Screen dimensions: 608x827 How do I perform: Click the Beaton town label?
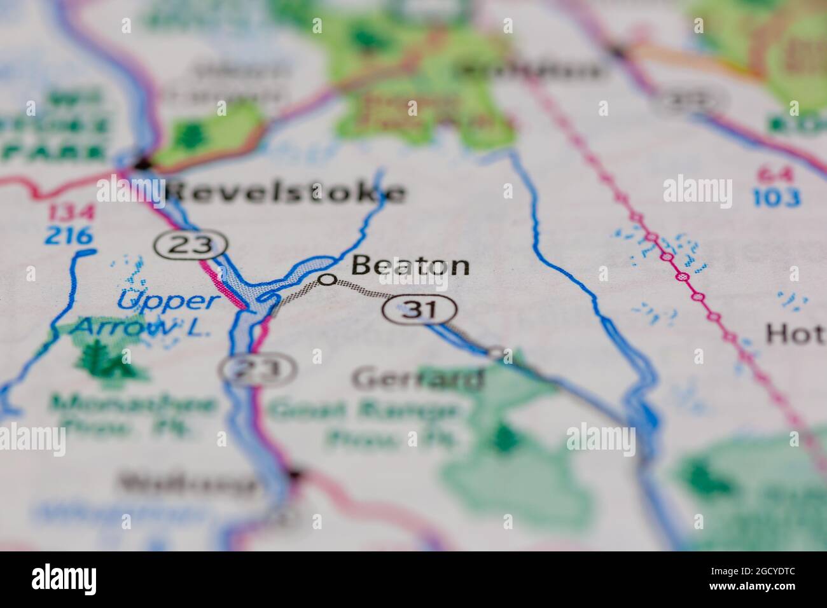click(x=410, y=266)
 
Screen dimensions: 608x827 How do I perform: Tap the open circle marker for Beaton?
click(x=327, y=279)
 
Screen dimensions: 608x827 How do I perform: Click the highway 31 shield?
click(x=419, y=310)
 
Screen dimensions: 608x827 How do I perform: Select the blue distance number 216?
click(x=69, y=236)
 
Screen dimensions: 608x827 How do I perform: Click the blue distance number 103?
click(x=777, y=198)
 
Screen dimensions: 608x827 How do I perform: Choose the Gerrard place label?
click(x=417, y=379)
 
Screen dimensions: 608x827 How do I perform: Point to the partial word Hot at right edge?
click(x=795, y=333)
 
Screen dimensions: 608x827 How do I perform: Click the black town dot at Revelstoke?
click(x=144, y=165)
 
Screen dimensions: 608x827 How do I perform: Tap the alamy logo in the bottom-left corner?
click(x=64, y=579)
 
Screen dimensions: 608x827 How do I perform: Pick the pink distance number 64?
click(x=772, y=174)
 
